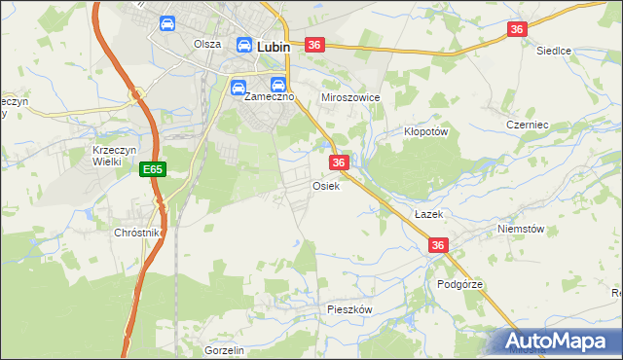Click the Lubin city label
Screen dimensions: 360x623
pos(274,45)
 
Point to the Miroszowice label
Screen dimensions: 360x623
pos(349,98)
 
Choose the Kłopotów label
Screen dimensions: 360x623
pos(424,131)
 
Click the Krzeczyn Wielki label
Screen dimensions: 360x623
pos(106,156)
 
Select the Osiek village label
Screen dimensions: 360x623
pos(325,186)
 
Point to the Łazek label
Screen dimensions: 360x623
pos(427,213)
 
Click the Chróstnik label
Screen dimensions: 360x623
pos(136,234)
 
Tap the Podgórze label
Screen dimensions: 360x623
pos(459,284)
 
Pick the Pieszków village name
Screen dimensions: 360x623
pos(350,308)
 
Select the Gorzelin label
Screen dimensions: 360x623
pos(223,350)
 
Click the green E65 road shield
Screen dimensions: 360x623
pos(152,169)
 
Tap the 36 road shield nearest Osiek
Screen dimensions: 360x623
pos(339,162)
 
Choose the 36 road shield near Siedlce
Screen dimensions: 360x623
pos(517,30)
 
